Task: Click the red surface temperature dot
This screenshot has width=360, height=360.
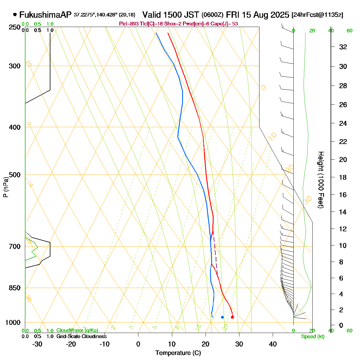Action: pyautogui.click(x=232, y=317)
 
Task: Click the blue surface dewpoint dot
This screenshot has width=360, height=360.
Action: pyautogui.click(x=222, y=317)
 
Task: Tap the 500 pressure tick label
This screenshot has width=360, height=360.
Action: pyautogui.click(x=15, y=175)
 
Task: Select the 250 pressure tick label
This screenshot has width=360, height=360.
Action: pyautogui.click(x=15, y=27)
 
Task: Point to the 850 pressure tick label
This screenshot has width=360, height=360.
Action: pyautogui.click(x=15, y=288)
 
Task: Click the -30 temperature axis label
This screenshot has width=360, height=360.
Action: pyautogui.click(x=37, y=344)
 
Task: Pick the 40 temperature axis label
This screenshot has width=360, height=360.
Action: pyautogui.click(x=273, y=344)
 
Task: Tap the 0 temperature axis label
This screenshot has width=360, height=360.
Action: pyautogui.click(x=138, y=344)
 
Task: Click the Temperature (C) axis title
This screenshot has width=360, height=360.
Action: pyautogui.click(x=178, y=353)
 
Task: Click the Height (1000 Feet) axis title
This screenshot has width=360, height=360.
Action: pyautogui.click(x=321, y=180)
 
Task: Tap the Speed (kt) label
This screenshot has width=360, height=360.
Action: pyautogui.click(x=313, y=337)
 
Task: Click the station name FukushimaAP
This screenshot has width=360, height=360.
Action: pyautogui.click(x=45, y=15)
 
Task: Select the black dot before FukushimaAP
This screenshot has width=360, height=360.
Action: pyautogui.click(x=15, y=15)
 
